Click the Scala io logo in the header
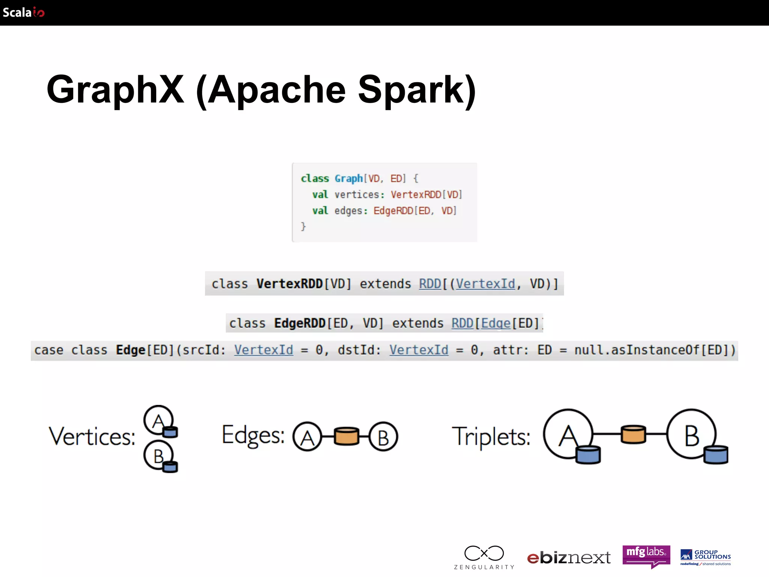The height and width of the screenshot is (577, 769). coord(23,12)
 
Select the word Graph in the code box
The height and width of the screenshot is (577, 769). coord(348,178)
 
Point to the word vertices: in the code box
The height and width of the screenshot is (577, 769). coord(359,195)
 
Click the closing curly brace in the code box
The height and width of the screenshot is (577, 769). coord(303,226)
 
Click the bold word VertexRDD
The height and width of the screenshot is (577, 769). coord(290,284)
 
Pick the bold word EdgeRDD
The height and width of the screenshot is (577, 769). coord(300,323)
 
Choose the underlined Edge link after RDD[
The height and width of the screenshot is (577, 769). coord(496,323)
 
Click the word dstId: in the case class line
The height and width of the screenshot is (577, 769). coord(359,350)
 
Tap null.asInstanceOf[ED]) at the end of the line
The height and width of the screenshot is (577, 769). coord(655,350)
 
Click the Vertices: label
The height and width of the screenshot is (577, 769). coord(92,437)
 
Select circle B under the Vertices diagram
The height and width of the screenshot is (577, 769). coord(158,455)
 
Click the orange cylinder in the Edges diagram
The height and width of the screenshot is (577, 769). coord(346,436)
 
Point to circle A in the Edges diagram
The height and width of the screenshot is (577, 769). coord(307,437)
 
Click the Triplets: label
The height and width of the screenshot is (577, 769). coord(491,437)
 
